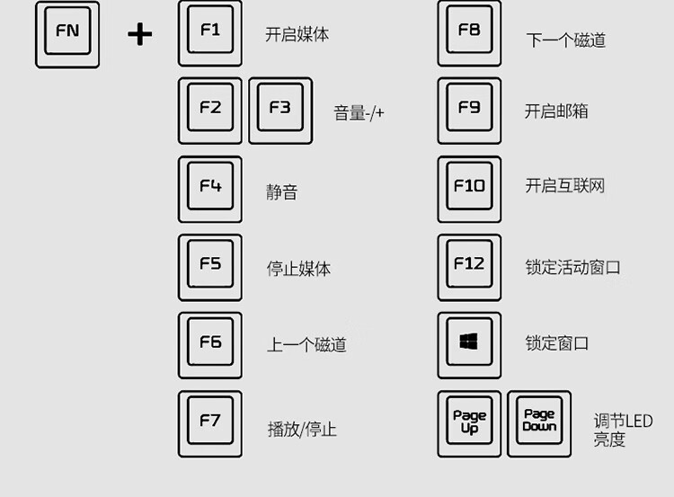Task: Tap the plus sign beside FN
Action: click(x=139, y=34)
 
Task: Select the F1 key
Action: click(x=210, y=31)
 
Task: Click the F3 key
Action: click(x=280, y=109)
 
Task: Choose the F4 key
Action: click(x=210, y=188)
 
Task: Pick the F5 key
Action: click(x=210, y=265)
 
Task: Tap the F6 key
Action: click(x=210, y=343)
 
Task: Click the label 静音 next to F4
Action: click(x=281, y=191)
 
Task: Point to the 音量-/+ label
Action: click(x=359, y=113)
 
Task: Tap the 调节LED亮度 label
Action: click(x=622, y=430)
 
